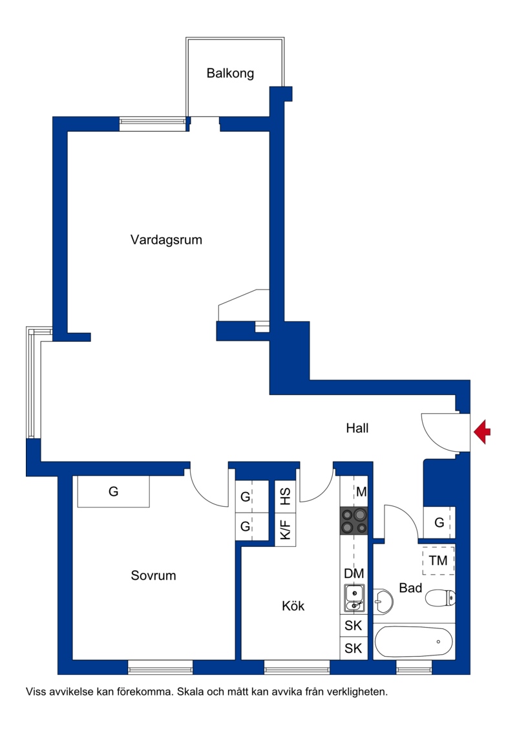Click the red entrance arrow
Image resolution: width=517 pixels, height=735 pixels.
point(482,432)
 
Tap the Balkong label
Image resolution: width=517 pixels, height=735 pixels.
point(230,73)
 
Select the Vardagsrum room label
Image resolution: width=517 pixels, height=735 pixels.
point(166,240)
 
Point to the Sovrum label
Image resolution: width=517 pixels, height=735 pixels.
point(153,575)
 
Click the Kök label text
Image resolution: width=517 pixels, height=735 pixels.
point(293,606)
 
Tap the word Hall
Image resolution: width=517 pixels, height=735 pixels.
point(357,428)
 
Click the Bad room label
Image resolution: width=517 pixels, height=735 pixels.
point(410,588)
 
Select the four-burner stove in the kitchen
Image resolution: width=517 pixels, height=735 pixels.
point(354,521)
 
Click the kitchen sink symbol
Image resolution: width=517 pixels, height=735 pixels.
point(354,599)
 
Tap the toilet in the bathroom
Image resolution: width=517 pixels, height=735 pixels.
point(440,597)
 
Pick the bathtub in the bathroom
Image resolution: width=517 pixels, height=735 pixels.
point(414,641)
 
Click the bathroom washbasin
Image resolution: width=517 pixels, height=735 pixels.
point(383,601)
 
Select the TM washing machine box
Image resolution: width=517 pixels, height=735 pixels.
point(438,560)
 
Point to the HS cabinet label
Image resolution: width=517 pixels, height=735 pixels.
point(286,496)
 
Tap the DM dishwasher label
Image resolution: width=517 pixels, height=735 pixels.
point(354,573)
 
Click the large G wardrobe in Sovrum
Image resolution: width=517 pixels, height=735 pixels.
point(114,491)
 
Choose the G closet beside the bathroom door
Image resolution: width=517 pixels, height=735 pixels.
point(439,522)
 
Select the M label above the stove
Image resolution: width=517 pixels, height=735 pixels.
point(361,492)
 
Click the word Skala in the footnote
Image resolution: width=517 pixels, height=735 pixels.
point(189,692)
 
